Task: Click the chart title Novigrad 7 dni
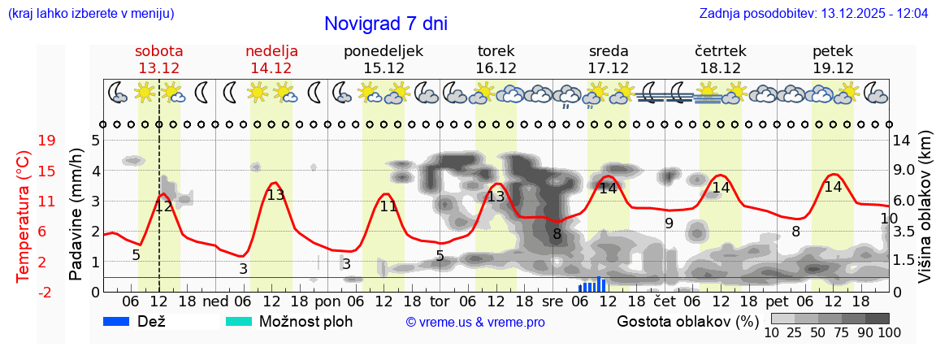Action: pyautogui.click(x=385, y=24)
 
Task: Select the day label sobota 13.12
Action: pyautogui.click(x=159, y=59)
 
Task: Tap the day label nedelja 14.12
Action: pyautogui.click(x=271, y=59)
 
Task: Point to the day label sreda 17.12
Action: pyautogui.click(x=609, y=59)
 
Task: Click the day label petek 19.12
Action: pyautogui.click(x=833, y=59)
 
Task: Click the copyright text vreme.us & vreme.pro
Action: pyautogui.click(x=475, y=323)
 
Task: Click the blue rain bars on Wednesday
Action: pyautogui.click(x=593, y=285)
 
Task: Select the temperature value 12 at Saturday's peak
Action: pyautogui.click(x=163, y=206)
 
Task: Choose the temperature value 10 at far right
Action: pyautogui.click(x=889, y=219)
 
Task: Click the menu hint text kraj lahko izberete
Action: pyautogui.click(x=90, y=14)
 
